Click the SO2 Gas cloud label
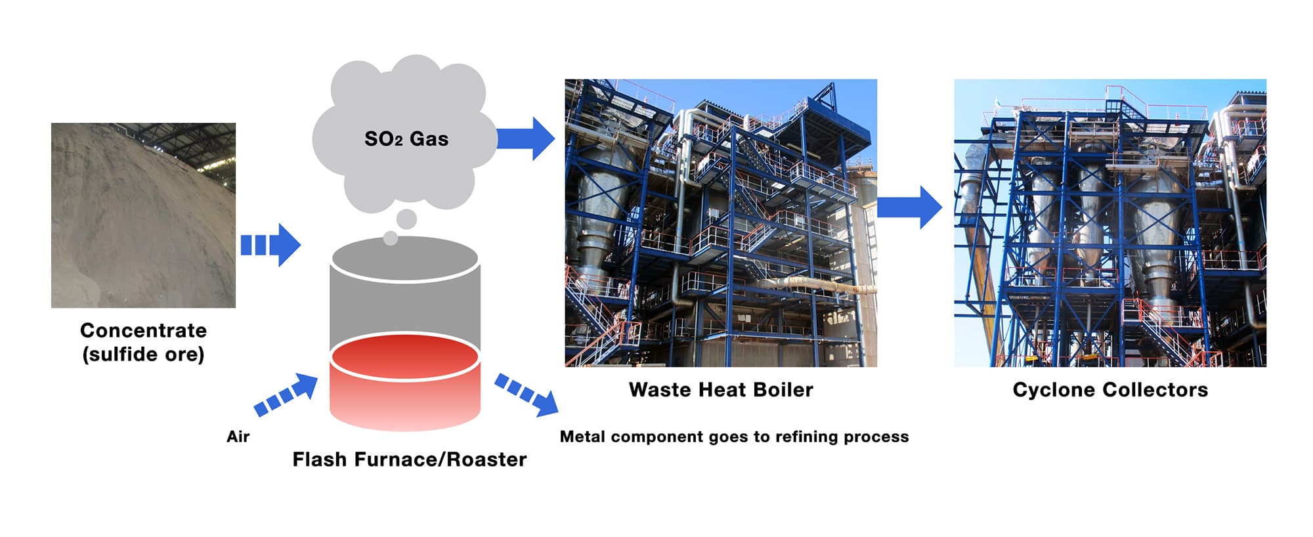pos(406,139)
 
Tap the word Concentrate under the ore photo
pos(143,330)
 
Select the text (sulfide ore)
pos(143,354)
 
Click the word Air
pos(238,437)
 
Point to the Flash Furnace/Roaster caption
pos(409,460)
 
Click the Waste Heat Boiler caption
pos(721,390)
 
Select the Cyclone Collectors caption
pos(1110,390)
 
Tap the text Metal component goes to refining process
pos(734,437)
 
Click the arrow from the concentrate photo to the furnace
pos(270,245)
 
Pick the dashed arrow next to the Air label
pos(287,394)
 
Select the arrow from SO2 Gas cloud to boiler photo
pos(526,139)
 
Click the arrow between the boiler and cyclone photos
pos(910,207)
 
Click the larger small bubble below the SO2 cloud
pos(406,219)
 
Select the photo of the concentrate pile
pos(143,215)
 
